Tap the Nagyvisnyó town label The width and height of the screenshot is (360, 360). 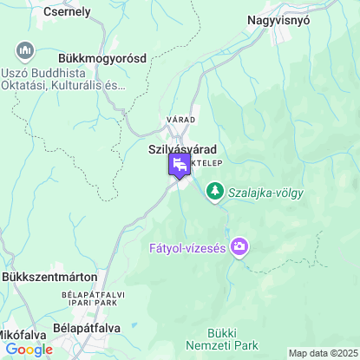[289, 18]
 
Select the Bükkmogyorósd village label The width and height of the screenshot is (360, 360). [102, 58]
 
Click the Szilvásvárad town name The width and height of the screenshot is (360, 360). [183, 148]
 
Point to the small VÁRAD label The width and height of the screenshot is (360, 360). [181, 119]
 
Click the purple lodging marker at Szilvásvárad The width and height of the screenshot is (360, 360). [180, 166]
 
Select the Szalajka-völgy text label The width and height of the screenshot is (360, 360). [265, 193]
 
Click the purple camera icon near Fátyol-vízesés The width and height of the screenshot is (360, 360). [240, 248]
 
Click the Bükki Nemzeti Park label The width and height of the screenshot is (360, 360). [233, 339]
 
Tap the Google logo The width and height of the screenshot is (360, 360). [29, 350]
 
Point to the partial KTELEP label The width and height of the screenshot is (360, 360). [206, 162]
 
